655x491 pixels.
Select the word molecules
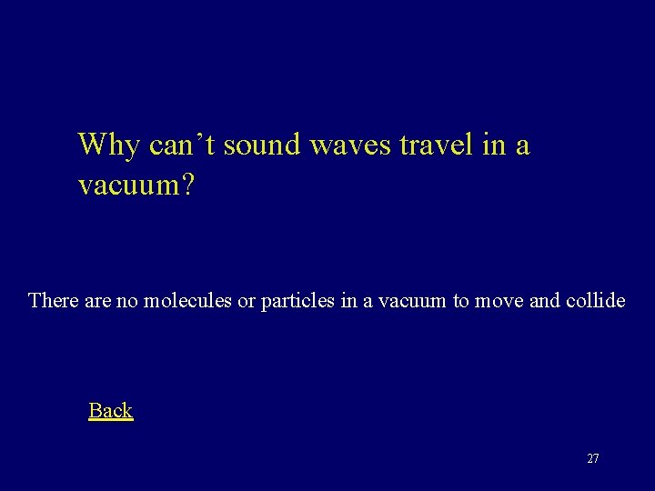click(186, 299)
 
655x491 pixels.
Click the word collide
click(596, 299)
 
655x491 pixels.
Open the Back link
click(111, 410)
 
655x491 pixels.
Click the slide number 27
click(593, 458)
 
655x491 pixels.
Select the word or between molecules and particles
click(247, 299)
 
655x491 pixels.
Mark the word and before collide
click(544, 299)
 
